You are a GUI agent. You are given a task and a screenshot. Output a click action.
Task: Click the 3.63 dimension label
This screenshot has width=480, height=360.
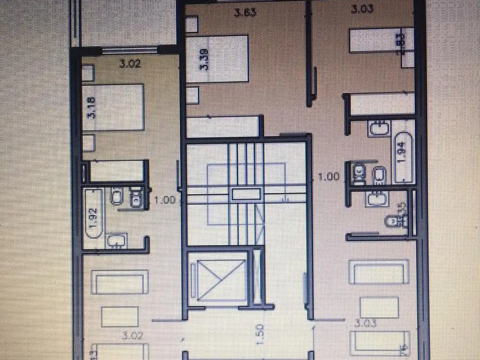(x=245, y=12)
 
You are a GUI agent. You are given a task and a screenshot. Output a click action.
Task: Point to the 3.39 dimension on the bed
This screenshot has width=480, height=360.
(x=205, y=60)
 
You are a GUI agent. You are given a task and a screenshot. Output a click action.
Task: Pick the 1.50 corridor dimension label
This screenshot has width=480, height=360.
(x=261, y=335)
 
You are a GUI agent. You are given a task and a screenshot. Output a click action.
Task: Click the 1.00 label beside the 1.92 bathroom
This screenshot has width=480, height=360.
(x=165, y=200)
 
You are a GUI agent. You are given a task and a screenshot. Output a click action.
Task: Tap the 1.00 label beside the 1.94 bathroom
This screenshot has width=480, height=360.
(x=328, y=177)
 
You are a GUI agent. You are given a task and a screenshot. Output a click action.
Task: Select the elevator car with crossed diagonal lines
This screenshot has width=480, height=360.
(x=217, y=279)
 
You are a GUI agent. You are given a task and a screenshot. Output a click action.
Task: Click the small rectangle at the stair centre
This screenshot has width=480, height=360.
(x=246, y=194)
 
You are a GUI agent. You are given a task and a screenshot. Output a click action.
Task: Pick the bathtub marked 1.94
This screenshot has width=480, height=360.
(x=403, y=157)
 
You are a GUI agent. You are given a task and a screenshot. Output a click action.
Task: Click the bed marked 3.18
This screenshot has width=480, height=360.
(x=112, y=107)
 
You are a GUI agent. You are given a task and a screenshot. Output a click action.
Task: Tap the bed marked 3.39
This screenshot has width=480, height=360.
(x=217, y=59)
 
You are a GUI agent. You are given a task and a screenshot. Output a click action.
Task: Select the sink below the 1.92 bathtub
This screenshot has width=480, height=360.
(x=115, y=241)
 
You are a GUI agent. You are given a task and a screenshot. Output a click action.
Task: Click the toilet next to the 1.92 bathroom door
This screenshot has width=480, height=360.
(x=136, y=198)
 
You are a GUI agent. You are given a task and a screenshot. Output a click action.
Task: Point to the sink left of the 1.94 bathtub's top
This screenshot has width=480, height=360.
(x=379, y=127)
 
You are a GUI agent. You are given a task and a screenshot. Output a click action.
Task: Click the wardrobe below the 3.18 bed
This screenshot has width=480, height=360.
(x=116, y=171)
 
